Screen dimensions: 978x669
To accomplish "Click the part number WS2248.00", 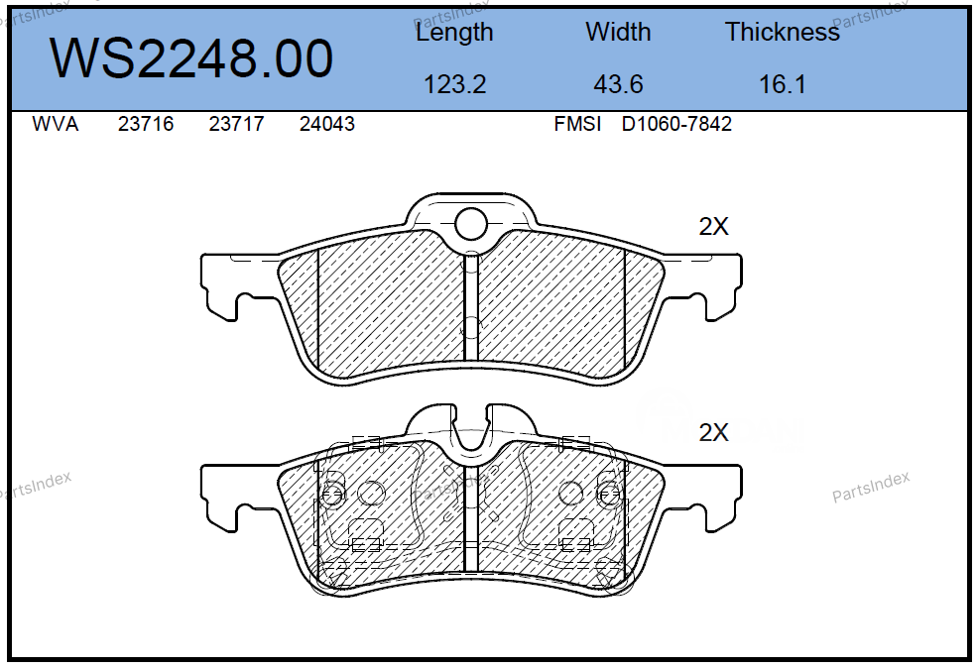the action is pyautogui.click(x=191, y=58).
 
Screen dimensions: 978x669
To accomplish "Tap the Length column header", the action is pyautogui.click(x=454, y=33).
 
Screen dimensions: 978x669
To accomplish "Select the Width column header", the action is pyautogui.click(x=618, y=32).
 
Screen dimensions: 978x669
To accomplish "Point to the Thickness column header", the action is pyautogui.click(x=783, y=32).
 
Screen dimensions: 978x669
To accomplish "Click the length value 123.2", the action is pyautogui.click(x=454, y=84).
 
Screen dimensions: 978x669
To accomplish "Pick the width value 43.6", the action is pyautogui.click(x=618, y=84).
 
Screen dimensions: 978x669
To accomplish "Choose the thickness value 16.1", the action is pyautogui.click(x=783, y=84).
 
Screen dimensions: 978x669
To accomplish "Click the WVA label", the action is pyautogui.click(x=56, y=124).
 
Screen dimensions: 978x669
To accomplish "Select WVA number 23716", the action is pyautogui.click(x=146, y=124).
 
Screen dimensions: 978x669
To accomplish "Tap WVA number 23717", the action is pyautogui.click(x=236, y=124).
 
